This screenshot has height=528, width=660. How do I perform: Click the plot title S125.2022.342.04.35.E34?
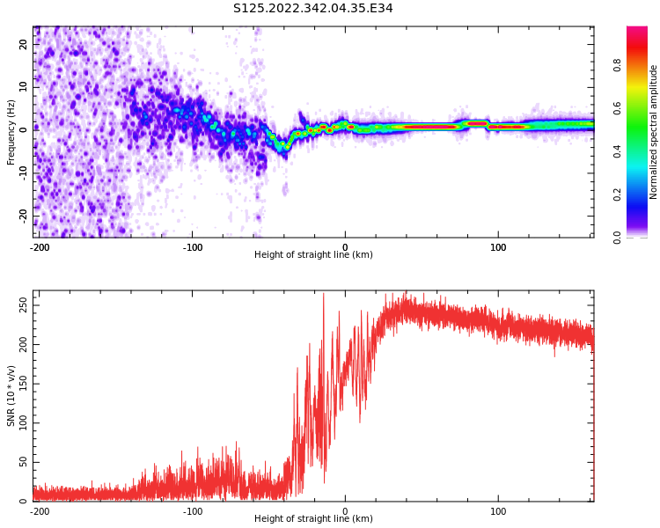click(x=313, y=8)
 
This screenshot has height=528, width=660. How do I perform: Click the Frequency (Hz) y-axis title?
click(x=11, y=132)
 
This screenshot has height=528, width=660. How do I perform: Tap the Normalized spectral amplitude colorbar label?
click(x=654, y=132)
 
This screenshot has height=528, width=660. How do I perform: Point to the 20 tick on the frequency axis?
click(x=24, y=43)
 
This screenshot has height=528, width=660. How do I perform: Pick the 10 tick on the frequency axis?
click(x=24, y=86)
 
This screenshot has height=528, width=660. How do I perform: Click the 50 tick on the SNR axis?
click(x=23, y=462)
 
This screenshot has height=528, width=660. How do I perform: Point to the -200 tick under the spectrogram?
click(x=39, y=247)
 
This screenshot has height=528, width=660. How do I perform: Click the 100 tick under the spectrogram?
click(x=498, y=247)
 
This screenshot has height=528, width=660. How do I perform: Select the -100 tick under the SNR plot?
click(x=192, y=511)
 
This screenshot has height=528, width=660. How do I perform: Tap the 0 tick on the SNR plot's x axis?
click(x=345, y=511)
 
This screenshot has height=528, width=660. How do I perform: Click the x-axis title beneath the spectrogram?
click(x=313, y=255)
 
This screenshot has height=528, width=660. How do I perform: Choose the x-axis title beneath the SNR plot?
click(x=313, y=519)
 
